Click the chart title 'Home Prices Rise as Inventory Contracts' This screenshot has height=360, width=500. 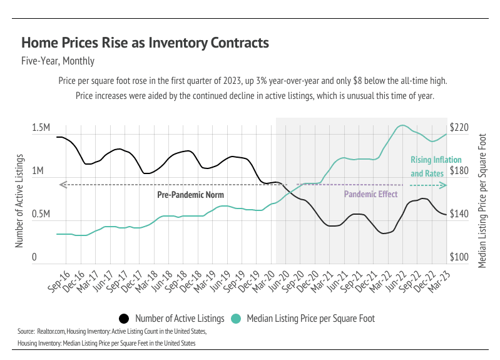pyautogui.click(x=145, y=43)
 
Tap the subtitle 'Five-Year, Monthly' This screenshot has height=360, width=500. pyautogui.click(x=58, y=61)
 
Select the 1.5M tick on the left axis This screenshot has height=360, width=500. pyautogui.click(x=41, y=128)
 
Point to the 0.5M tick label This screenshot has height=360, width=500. pyautogui.click(x=41, y=214)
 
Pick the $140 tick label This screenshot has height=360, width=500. pyautogui.click(x=459, y=214)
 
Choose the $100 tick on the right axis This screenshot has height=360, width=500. pyautogui.click(x=459, y=257)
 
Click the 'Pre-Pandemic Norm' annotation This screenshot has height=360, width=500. pyautogui.click(x=190, y=195)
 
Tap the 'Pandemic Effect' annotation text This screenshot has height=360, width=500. pyautogui.click(x=371, y=195)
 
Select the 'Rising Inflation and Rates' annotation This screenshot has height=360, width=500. pyautogui.click(x=427, y=166)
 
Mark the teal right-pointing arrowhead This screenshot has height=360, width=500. pyautogui.click(x=444, y=185)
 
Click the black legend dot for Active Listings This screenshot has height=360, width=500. pyautogui.click(x=124, y=319)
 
